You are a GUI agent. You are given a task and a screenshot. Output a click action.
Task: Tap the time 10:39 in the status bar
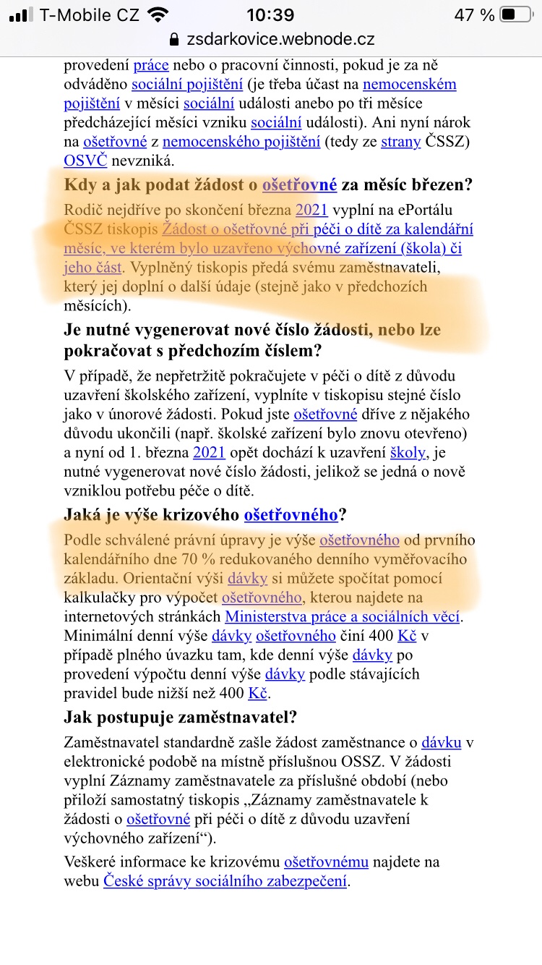coord(270,15)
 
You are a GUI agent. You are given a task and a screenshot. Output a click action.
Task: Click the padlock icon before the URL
coord(173,39)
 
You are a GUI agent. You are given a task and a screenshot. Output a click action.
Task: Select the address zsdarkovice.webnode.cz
coord(281,39)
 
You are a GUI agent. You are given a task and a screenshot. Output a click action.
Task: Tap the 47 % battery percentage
coord(475,15)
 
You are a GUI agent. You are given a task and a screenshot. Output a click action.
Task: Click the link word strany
coord(400,142)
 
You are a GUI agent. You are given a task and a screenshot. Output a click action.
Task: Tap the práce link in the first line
coord(150,65)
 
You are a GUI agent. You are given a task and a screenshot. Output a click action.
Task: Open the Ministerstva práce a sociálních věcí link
coord(343,617)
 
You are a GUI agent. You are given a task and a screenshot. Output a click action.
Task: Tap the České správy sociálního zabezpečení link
coord(225,881)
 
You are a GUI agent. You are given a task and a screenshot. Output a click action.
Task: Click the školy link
coord(408,454)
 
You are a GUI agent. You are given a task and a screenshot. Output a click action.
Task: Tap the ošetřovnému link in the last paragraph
coord(327,862)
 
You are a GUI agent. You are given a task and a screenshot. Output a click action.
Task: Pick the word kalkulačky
coord(108,598)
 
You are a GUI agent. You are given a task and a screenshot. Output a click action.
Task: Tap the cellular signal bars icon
coord(21,15)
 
